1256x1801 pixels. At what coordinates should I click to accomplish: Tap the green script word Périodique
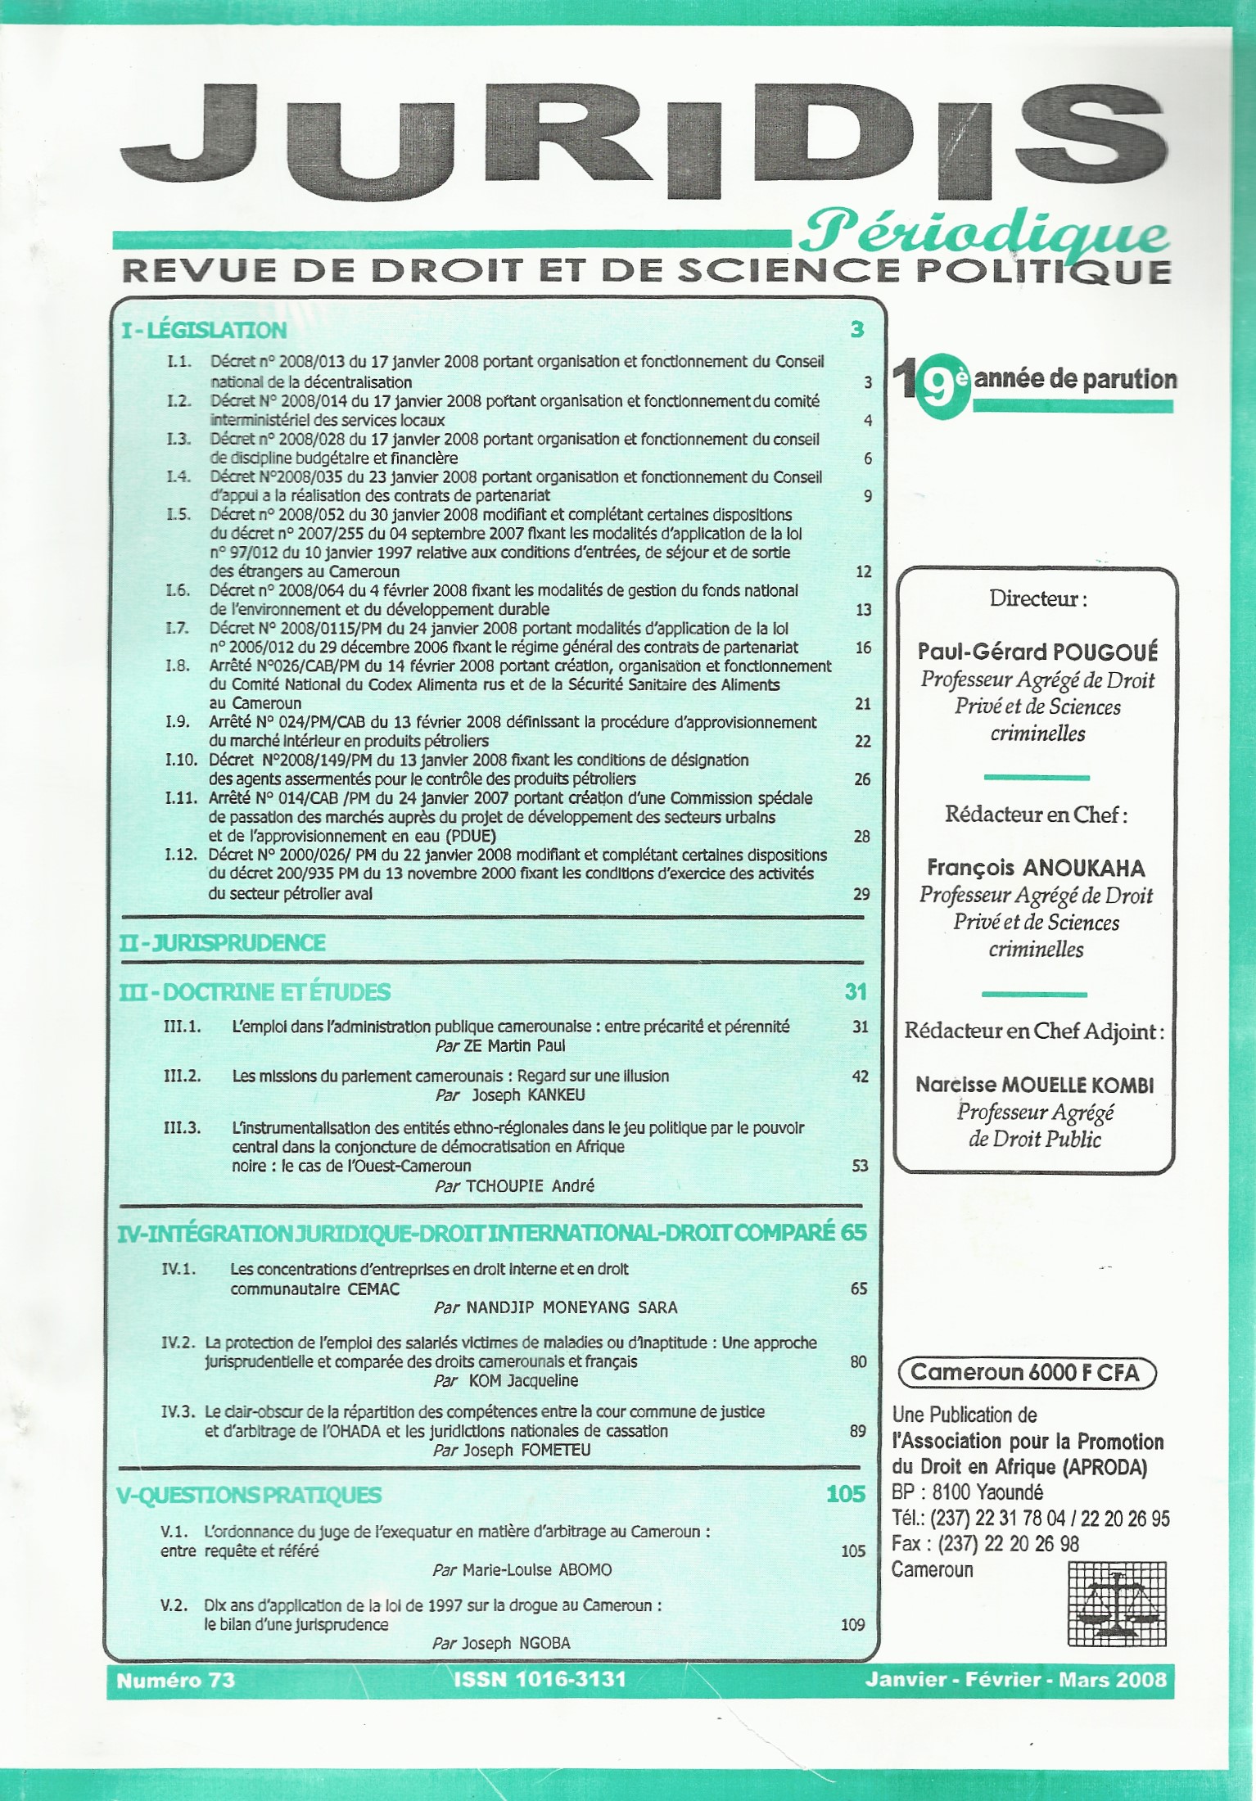983,235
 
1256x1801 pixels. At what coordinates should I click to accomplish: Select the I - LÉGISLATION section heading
204,331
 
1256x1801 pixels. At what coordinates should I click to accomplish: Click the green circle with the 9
942,382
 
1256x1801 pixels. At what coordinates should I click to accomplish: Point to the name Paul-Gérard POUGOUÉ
1037,652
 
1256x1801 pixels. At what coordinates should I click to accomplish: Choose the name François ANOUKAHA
1036,867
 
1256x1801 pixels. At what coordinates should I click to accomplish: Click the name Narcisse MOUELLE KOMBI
1035,1085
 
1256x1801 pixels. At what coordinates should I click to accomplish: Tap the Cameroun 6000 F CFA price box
1026,1372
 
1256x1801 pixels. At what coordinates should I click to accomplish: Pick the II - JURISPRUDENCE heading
222,942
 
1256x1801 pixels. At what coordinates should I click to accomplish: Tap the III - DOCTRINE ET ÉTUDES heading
255,992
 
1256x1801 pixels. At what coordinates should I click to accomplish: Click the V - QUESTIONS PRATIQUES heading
250,1495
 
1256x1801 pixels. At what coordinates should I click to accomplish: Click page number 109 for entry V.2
853,1624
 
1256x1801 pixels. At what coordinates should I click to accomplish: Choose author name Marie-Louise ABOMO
536,1570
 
